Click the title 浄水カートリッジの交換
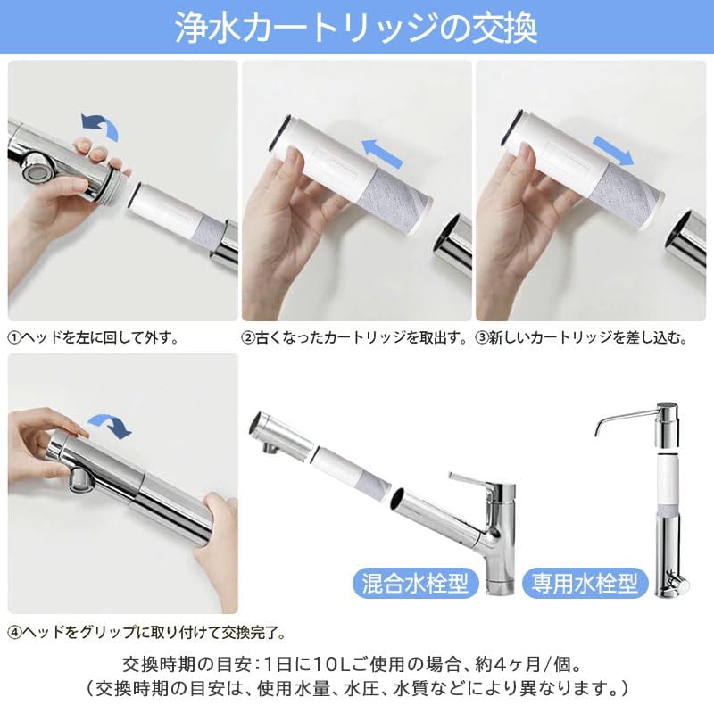pos(357,29)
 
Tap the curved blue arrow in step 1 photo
pos(99,126)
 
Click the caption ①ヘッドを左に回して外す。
pos(94,338)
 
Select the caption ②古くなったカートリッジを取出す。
pos(355,338)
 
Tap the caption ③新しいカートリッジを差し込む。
pos(583,338)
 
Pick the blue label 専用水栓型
pos(585,584)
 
